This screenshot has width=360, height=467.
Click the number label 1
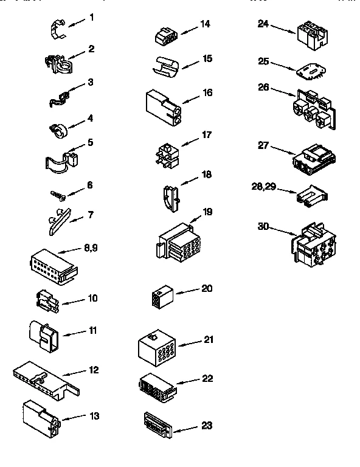91,17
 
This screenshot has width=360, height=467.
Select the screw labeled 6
58,195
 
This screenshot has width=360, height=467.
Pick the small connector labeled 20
161,296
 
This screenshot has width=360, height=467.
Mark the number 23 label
206,426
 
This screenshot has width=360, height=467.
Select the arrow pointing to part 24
282,27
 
